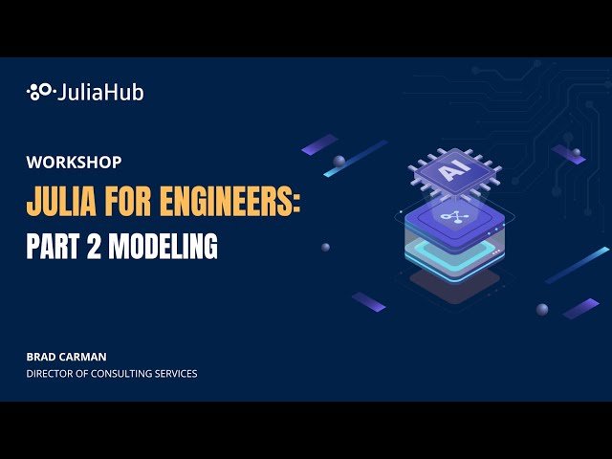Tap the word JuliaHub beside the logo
[100, 93]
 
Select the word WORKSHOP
[74, 163]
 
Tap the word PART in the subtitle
[53, 248]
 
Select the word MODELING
[163, 248]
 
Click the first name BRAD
[41, 356]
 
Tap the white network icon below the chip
[448, 218]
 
